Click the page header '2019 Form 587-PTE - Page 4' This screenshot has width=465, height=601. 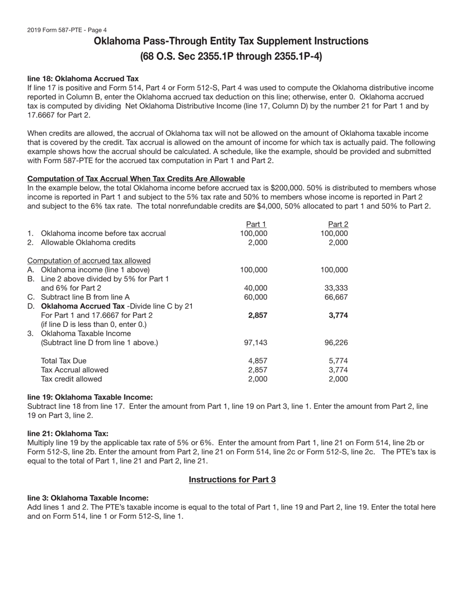(x=67, y=30)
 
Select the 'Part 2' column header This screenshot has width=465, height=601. (x=337, y=224)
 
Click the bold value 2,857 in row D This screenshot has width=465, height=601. (x=257, y=315)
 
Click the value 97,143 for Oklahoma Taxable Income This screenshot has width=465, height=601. (x=256, y=343)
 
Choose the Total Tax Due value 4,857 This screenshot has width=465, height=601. (x=257, y=361)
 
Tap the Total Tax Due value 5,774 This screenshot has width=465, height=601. (x=338, y=361)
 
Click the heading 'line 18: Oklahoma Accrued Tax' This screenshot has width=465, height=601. (x=83, y=78)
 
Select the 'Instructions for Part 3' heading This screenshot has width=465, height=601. (x=232, y=479)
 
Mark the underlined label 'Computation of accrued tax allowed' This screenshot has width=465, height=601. (x=89, y=260)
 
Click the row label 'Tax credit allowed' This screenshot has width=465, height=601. (x=71, y=379)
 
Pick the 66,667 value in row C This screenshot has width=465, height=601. (x=336, y=297)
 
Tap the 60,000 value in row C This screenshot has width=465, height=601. (x=256, y=297)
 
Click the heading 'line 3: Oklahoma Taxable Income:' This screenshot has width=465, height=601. (x=88, y=498)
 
